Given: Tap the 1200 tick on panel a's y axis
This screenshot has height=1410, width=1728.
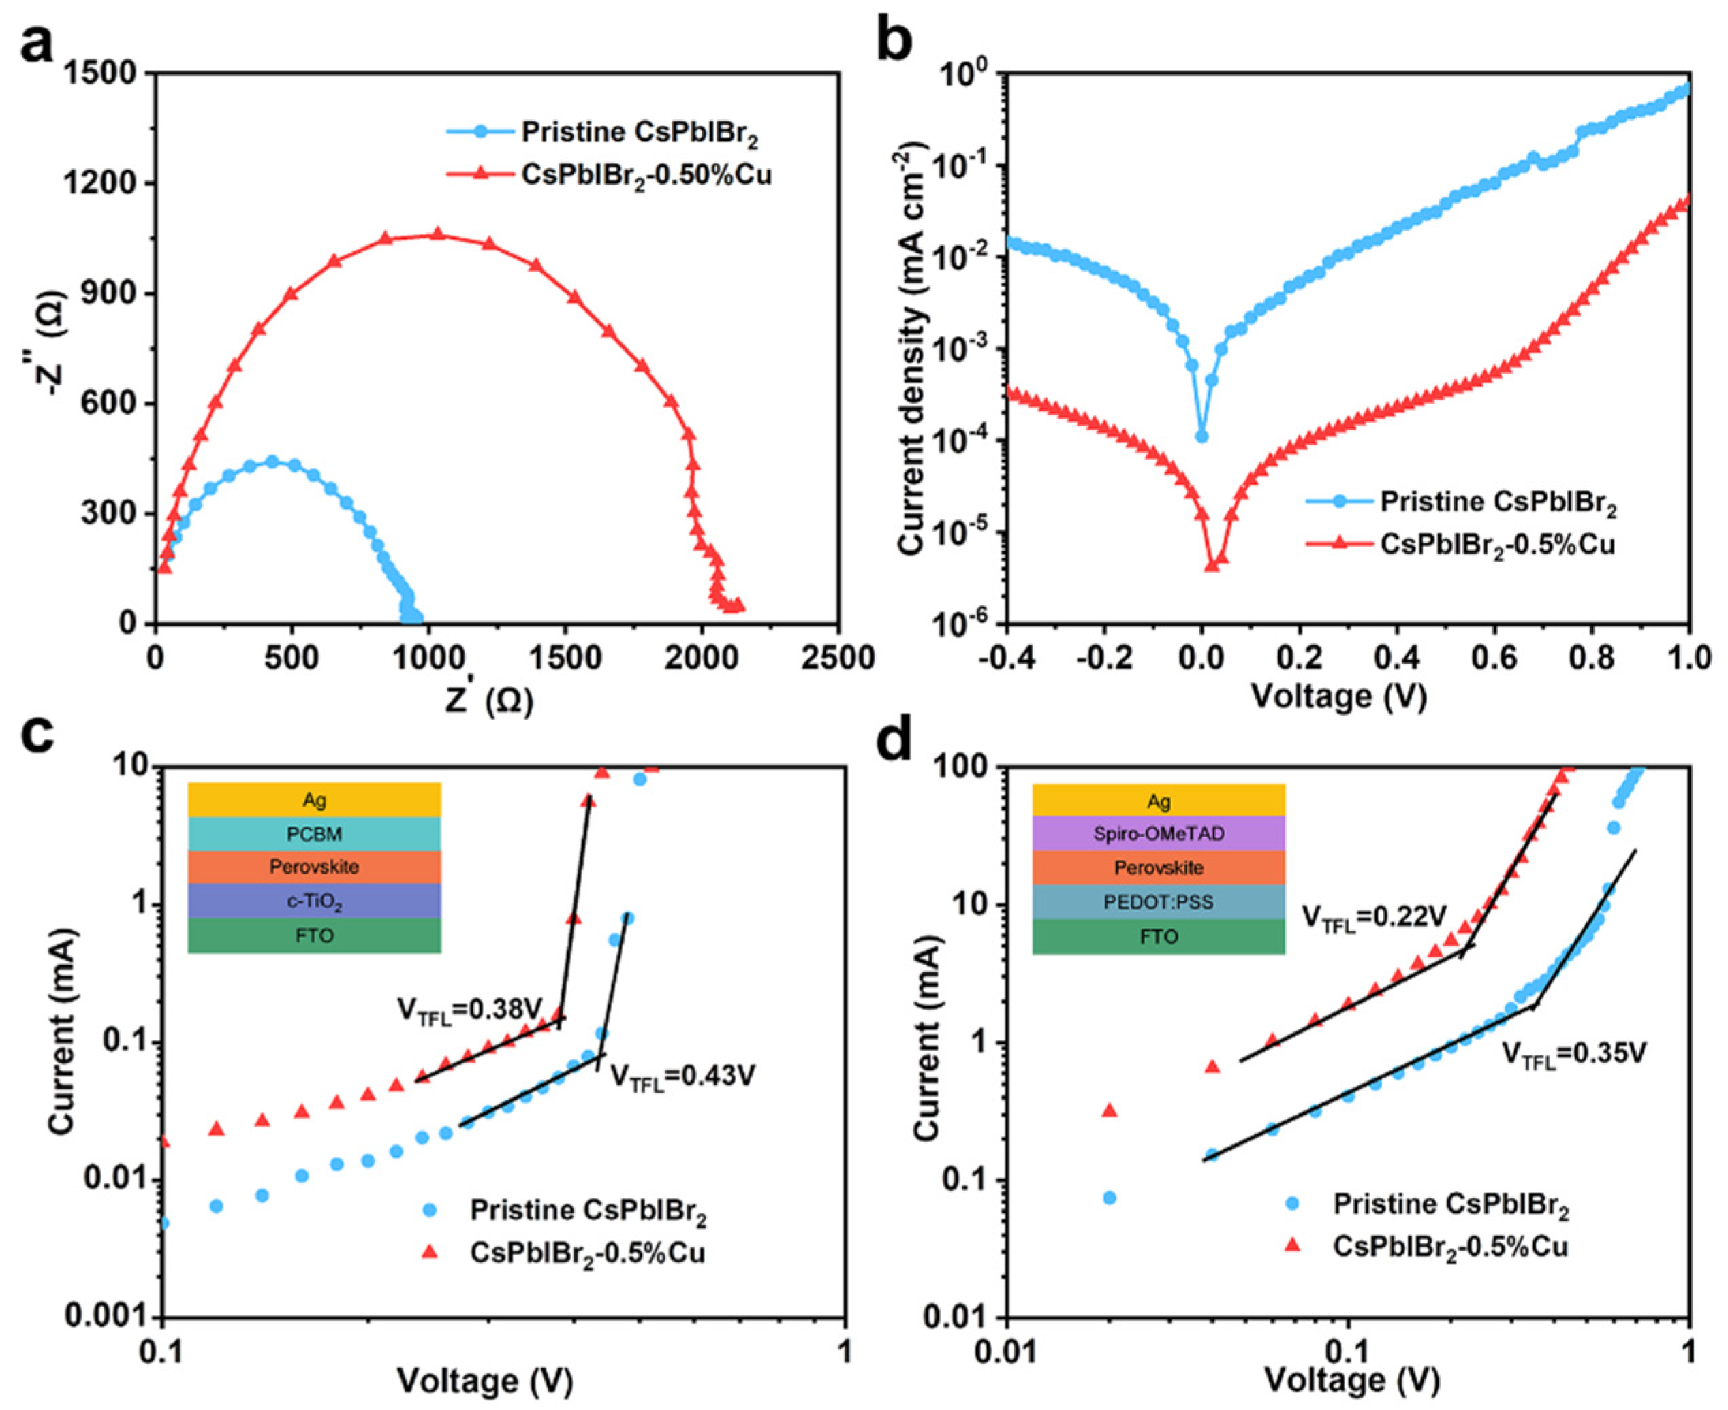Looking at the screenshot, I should [109, 184].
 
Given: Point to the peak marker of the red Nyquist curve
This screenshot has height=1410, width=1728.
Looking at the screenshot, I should [437, 234].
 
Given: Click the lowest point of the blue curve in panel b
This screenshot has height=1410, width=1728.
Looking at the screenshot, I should [1201, 436].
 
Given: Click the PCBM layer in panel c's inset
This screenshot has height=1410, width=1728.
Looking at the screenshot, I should [315, 834].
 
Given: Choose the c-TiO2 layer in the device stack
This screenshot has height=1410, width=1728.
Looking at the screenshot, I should [315, 901].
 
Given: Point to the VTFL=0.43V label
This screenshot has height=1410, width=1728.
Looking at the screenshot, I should [682, 1078].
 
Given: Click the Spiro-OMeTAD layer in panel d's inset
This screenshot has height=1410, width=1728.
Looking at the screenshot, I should [1159, 833].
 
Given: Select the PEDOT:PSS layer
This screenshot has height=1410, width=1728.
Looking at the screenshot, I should [1159, 902].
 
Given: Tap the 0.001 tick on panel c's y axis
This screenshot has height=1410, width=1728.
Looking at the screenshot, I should [110, 1317].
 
